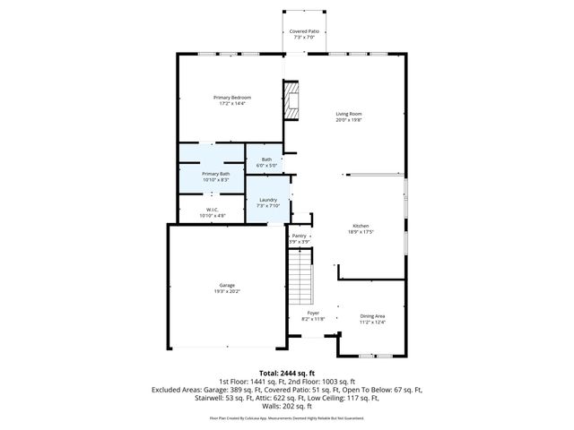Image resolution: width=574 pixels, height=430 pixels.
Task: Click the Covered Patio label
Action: coord(304,31)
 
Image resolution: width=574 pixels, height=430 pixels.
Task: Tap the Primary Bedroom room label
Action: coord(231,97)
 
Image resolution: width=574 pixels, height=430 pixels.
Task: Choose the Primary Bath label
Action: coord(215,174)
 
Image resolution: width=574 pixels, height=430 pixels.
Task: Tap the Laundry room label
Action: coord(267,200)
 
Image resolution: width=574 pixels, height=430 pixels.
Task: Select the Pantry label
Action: coord(299,236)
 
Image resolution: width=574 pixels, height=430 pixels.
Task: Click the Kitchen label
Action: coord(361,226)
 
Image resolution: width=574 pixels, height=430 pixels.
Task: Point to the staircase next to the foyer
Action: coord(300,279)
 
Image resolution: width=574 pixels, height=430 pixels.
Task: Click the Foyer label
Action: coord(313,314)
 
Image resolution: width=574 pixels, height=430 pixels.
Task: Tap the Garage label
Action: coord(226,285)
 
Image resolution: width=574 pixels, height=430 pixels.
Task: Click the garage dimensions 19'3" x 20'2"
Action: coord(226,291)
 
